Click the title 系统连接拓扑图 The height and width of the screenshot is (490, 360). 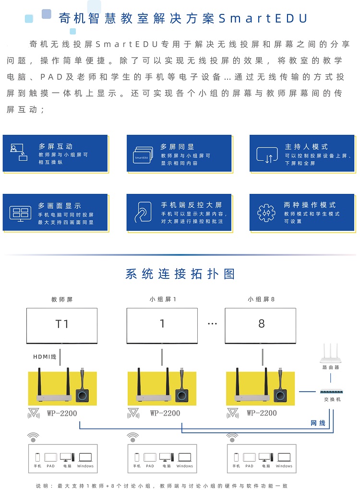click(180, 274)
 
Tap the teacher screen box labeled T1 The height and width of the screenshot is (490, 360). click(62, 325)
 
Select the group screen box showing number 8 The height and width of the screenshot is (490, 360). click(260, 325)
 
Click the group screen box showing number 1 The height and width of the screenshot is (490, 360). click(162, 325)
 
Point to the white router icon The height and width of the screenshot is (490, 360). click(330, 353)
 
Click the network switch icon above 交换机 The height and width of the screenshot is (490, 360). click(331, 392)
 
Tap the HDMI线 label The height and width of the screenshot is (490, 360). click(45, 357)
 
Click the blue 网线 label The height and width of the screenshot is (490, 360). click(318, 423)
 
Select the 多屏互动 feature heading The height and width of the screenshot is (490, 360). click(56, 146)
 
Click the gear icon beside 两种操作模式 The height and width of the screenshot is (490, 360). click(266, 213)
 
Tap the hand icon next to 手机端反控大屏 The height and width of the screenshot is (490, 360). click(143, 212)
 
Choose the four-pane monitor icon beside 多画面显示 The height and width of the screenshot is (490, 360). click(20, 214)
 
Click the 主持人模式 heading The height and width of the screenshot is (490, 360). click(306, 146)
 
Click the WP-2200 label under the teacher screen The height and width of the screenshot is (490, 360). click(62, 413)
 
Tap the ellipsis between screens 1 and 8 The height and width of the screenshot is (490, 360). click(212, 324)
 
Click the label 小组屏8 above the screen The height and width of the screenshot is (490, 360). click(261, 299)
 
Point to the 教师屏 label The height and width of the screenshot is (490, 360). click(62, 299)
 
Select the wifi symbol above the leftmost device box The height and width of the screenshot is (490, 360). click(33, 437)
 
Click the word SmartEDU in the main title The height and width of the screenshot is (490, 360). click(263, 18)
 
